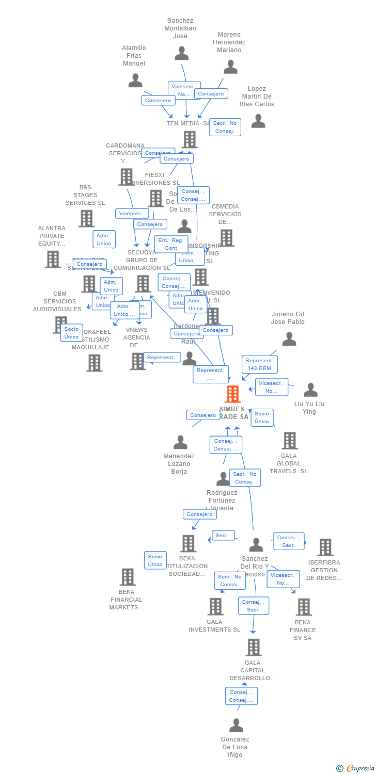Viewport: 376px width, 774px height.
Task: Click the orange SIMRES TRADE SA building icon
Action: [x=233, y=394]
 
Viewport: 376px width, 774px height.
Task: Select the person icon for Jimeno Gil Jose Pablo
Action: [x=289, y=339]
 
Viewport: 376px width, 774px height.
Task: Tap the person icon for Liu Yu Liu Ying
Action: [x=310, y=390]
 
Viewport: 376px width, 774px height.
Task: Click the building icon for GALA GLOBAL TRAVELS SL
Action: [x=290, y=441]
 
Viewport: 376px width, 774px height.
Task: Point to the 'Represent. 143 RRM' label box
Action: [x=259, y=364]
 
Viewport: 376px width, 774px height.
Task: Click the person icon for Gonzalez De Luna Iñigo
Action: [x=236, y=725]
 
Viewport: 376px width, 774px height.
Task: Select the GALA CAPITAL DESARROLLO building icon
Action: [x=253, y=647]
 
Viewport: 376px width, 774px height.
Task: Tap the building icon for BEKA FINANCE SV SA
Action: [x=304, y=607]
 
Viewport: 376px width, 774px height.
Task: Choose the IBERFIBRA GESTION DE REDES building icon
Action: [x=325, y=547]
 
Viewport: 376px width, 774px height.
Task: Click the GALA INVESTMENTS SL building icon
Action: [x=215, y=606]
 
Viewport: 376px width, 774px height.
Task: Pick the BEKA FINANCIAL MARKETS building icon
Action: [x=127, y=577]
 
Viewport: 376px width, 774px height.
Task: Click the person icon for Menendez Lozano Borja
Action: [x=180, y=442]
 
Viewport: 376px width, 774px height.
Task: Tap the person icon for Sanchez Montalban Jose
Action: [x=181, y=54]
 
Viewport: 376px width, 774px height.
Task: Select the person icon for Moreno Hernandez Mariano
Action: [x=230, y=67]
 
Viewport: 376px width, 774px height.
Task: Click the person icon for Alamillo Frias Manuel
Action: [x=135, y=80]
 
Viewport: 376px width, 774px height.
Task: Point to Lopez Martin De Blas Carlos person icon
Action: [x=258, y=121]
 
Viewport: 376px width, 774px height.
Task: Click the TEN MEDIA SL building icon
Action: [x=190, y=139]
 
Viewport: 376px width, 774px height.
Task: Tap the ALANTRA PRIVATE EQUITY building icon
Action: [x=53, y=259]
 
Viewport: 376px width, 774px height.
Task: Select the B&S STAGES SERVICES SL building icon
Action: [x=86, y=219]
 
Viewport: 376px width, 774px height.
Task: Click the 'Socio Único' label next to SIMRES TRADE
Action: [x=262, y=417]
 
